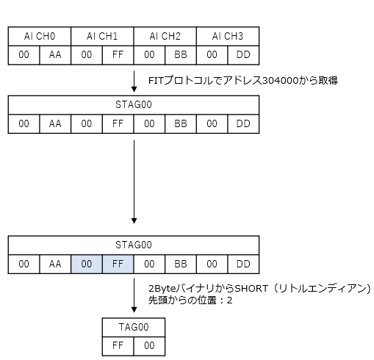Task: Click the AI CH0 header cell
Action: [40, 36]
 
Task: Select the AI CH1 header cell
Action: [102, 36]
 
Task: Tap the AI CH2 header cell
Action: [165, 36]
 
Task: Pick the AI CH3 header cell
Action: [228, 36]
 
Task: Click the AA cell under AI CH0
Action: [55, 55]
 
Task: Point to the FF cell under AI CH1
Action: [118, 55]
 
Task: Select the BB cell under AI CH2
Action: [181, 55]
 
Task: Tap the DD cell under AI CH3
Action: [243, 55]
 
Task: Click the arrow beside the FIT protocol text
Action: [134, 82]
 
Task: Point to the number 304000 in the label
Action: [280, 81]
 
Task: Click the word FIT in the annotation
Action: [156, 81]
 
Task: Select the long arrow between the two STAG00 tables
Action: [134, 181]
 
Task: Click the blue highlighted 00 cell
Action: [87, 264]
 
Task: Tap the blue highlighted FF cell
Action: [118, 264]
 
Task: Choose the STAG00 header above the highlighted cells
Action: [134, 245]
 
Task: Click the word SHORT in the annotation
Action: [251, 289]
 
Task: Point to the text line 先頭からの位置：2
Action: [190, 300]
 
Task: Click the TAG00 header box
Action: [134, 327]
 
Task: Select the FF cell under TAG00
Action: [118, 346]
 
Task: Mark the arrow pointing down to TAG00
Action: [134, 295]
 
